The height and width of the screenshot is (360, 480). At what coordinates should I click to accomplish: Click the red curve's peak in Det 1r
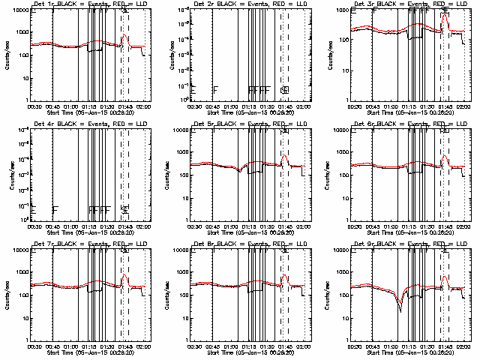click(124, 35)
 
